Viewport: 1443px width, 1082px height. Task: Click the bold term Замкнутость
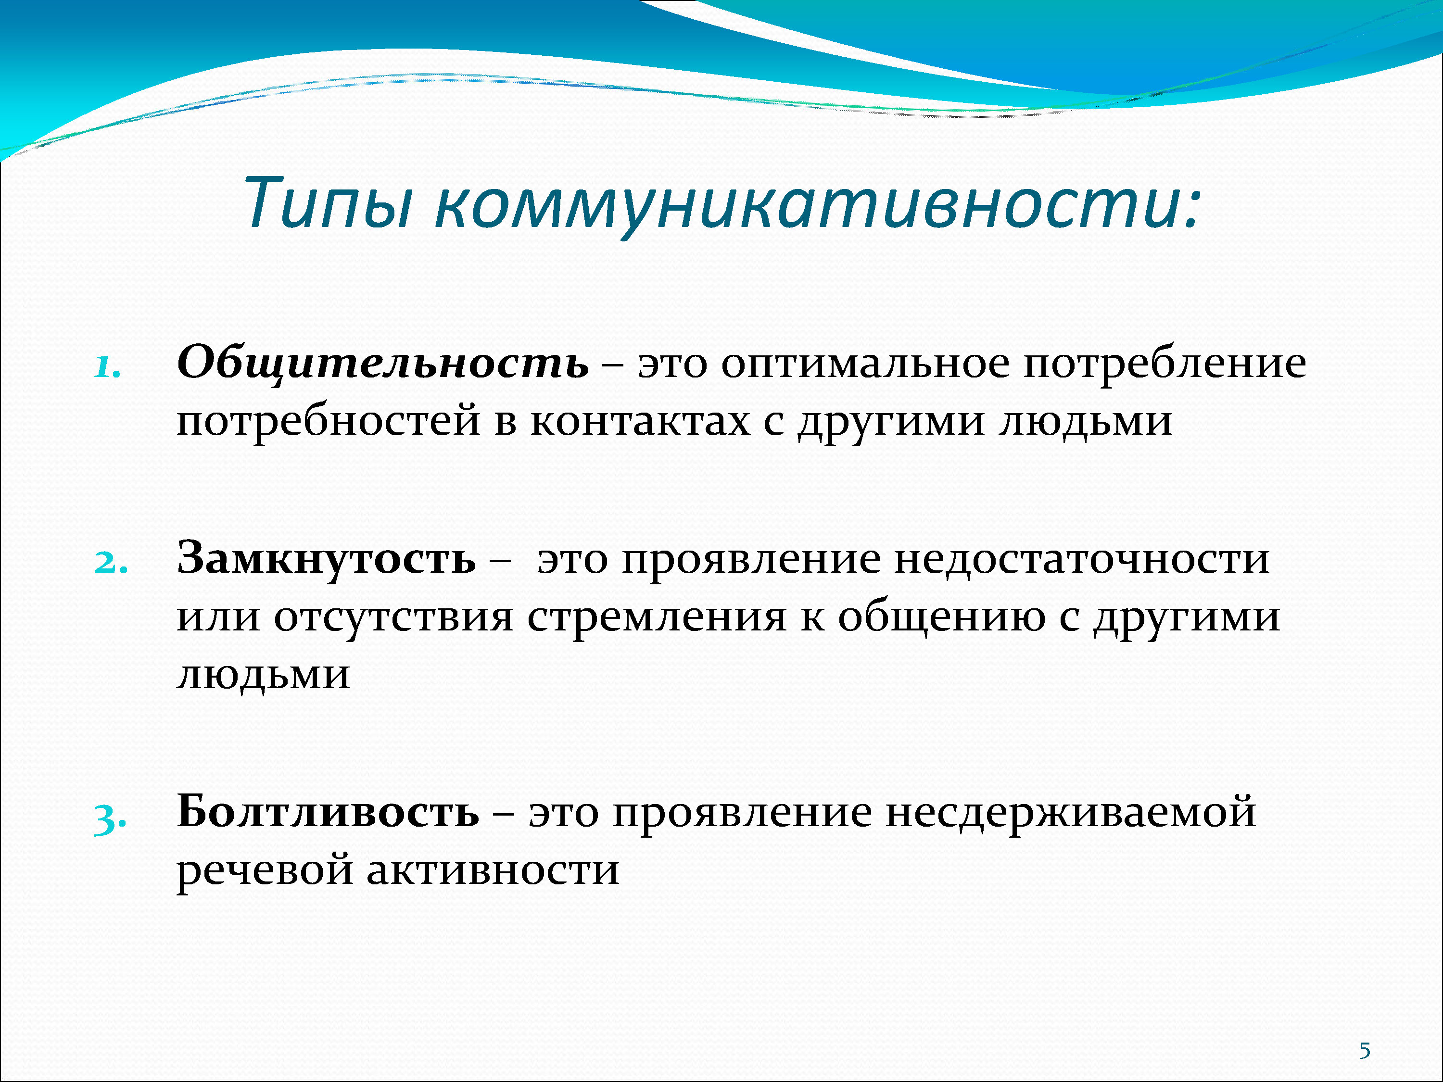click(326, 559)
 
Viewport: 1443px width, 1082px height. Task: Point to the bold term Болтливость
click(328, 812)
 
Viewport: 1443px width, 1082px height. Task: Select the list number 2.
click(111, 563)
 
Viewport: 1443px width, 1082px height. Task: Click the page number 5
click(1365, 1051)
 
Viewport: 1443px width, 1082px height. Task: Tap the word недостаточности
click(1082, 560)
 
